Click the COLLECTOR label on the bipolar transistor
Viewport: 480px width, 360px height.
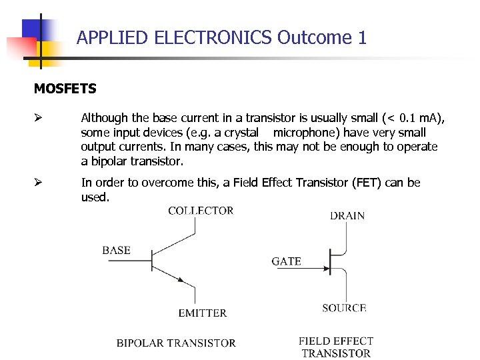click(201, 211)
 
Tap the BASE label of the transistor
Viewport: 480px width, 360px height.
click(116, 251)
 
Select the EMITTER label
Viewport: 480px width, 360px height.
click(203, 313)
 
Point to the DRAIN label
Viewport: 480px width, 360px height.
click(347, 215)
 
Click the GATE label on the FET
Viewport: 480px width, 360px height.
click(286, 261)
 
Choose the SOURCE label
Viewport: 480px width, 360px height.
click(344, 308)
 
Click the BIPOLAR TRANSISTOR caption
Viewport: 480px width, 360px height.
click(176, 343)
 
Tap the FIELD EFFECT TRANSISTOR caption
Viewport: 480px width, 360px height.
click(336, 347)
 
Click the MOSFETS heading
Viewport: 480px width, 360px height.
click(65, 89)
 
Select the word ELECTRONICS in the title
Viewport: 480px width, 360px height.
click(213, 38)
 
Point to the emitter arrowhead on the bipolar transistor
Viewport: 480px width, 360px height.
click(181, 281)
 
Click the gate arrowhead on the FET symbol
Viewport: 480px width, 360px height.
click(326, 269)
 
